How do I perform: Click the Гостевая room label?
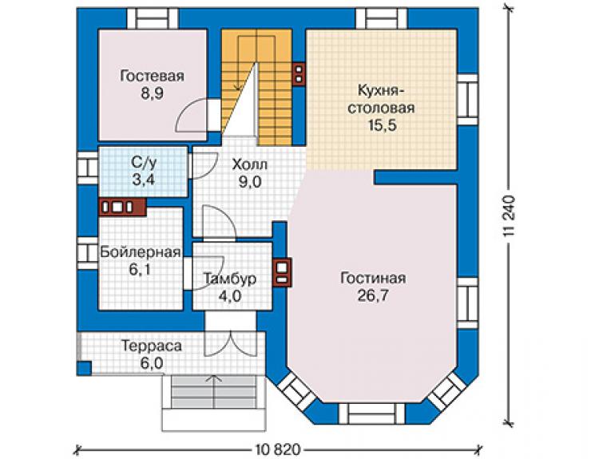153,76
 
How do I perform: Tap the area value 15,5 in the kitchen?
383,125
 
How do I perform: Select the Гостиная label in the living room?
373,278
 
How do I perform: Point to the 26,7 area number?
373,295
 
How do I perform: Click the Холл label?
250,164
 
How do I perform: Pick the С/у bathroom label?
143,163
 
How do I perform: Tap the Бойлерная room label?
141,252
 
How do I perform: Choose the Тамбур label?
230,279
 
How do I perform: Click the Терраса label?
152,346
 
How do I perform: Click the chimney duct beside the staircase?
299,74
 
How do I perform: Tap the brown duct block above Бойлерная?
122,207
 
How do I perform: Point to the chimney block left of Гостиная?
282,272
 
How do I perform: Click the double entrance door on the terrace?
230,344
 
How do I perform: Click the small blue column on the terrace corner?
84,368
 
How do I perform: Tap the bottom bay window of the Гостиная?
371,413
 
